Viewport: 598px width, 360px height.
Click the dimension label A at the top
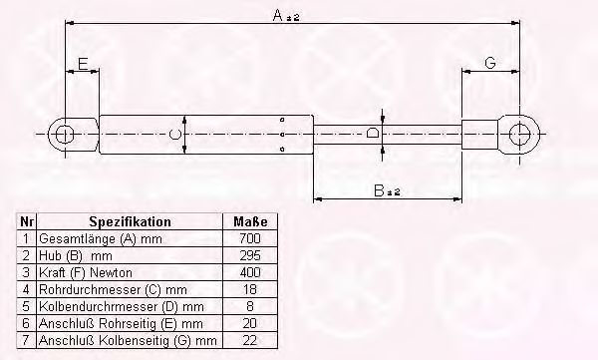[x=280, y=16]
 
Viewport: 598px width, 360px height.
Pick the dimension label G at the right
[x=490, y=64]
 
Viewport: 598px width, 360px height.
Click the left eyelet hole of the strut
[x=65, y=133]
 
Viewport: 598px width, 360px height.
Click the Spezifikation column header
[x=130, y=222]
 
